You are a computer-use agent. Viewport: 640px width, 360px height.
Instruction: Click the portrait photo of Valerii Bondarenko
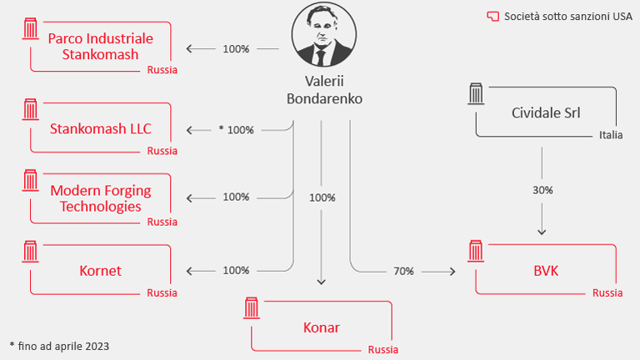click(x=321, y=35)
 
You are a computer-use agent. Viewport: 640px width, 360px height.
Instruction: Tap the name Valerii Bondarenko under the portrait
click(x=321, y=90)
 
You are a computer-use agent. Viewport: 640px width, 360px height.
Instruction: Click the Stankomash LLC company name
click(x=101, y=129)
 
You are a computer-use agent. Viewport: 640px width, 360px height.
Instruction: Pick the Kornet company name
click(x=101, y=271)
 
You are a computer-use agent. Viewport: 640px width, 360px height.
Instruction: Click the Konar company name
click(x=321, y=327)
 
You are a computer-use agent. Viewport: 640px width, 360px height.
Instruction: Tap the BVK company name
click(x=546, y=270)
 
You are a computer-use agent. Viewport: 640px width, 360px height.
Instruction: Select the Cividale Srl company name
click(x=545, y=112)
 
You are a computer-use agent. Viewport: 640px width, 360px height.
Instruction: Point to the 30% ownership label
click(x=542, y=190)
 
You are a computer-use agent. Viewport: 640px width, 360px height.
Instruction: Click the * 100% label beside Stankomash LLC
click(x=236, y=130)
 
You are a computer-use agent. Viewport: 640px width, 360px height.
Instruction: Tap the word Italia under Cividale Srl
click(x=610, y=135)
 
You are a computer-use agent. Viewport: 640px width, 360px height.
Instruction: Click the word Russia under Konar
click(x=383, y=349)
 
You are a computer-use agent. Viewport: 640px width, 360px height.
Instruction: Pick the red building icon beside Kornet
click(x=32, y=251)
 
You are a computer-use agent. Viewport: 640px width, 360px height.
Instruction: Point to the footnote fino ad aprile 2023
click(x=59, y=345)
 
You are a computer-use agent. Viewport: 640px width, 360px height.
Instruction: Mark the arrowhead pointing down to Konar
click(x=322, y=282)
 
